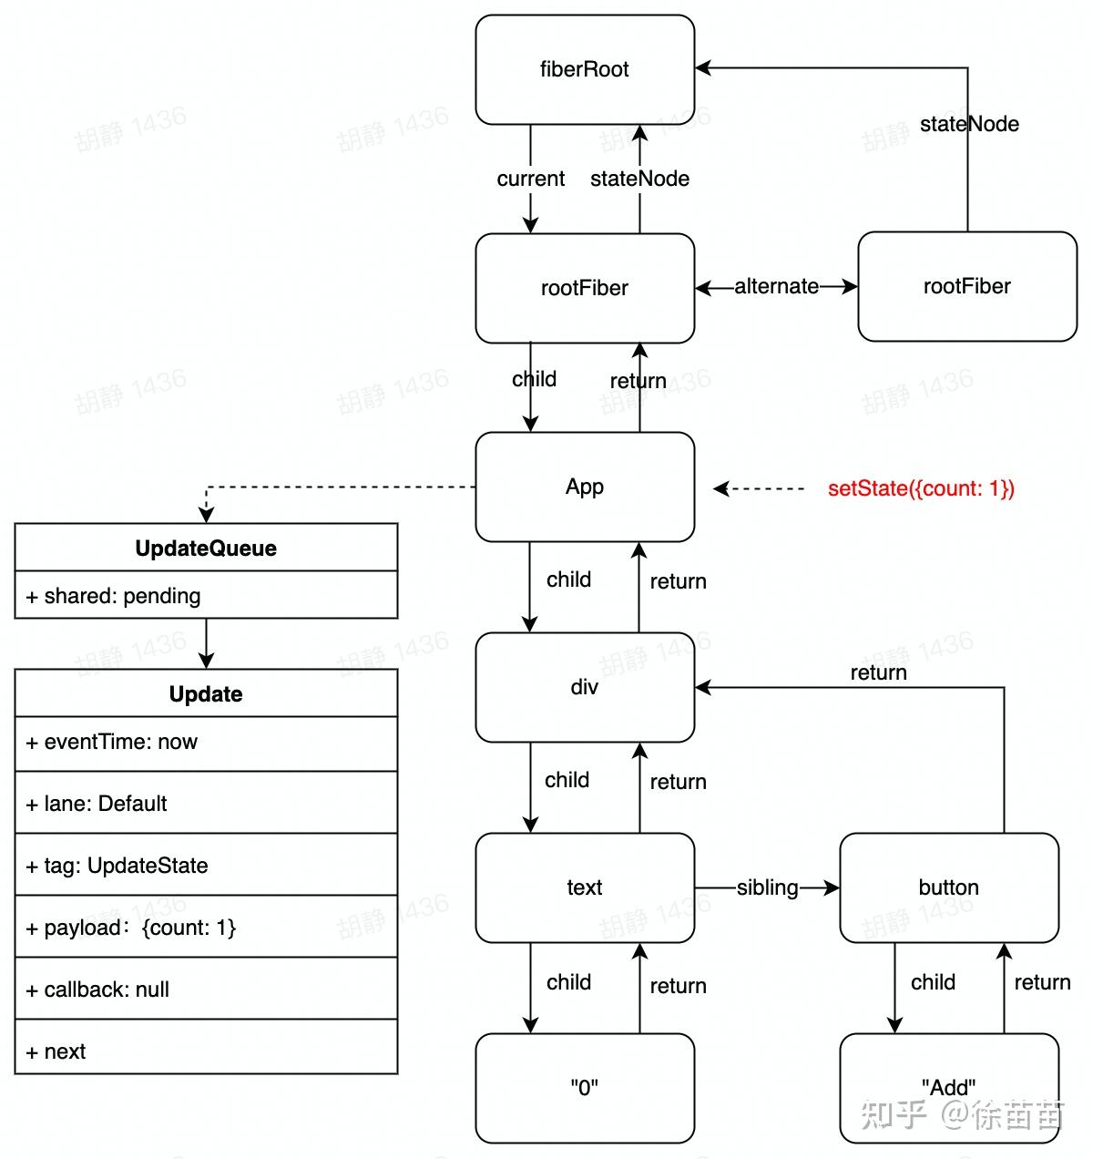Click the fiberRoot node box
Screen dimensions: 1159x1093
coord(585,69)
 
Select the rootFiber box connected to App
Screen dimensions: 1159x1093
coord(585,288)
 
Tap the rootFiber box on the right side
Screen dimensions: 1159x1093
coord(966,286)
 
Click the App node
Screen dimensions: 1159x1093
coord(585,487)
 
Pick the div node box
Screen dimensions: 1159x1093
coord(585,687)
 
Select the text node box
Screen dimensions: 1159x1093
coord(585,887)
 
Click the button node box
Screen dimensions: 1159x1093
coord(948,887)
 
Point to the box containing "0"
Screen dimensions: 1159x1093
coord(585,1088)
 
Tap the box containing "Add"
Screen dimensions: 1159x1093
coord(948,1087)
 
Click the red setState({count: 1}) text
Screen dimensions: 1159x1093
coord(921,488)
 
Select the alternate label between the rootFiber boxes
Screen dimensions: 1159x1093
coord(776,286)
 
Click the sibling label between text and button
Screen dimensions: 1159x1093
coord(767,887)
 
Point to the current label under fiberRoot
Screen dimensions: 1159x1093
coord(530,179)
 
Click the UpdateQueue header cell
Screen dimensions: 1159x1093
coord(206,548)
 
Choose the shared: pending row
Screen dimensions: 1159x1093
coord(206,596)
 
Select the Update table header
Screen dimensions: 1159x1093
coord(206,693)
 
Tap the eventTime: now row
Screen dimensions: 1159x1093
coord(206,743)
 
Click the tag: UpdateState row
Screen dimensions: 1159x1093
coord(206,866)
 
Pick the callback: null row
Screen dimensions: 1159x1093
coord(206,990)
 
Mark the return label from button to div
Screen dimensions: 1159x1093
coord(878,672)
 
